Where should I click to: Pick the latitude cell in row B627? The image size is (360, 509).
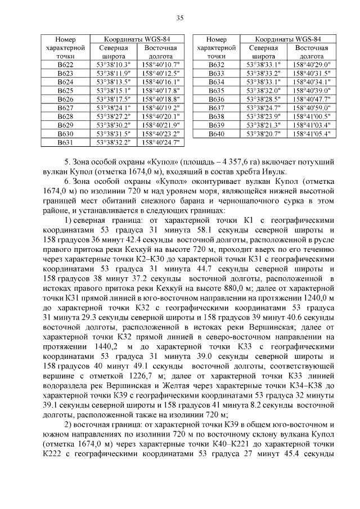click(113, 106)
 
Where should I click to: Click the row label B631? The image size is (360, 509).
click(65, 143)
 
